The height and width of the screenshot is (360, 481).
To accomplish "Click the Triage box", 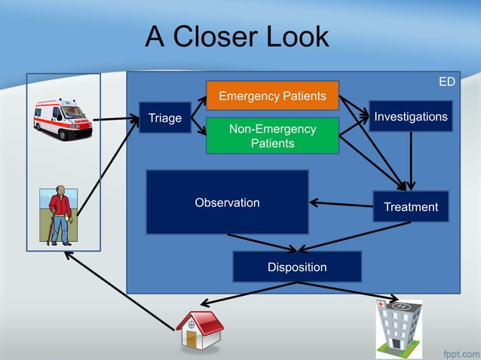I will pyautogui.click(x=164, y=118).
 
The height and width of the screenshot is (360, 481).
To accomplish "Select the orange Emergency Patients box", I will pyautogui.click(x=272, y=96).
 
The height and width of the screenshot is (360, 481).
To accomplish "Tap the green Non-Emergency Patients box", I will pyautogui.click(x=272, y=136).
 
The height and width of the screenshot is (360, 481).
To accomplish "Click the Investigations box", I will pyautogui.click(x=411, y=116).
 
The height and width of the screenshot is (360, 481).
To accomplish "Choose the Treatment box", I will pyautogui.click(x=411, y=206).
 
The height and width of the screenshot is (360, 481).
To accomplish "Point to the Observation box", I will pyautogui.click(x=227, y=203).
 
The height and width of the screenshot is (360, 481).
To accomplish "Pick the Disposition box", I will pyautogui.click(x=297, y=267).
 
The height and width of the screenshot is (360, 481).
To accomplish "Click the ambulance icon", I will pyautogui.click(x=63, y=118).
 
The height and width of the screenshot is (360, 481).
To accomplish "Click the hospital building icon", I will pyautogui.click(x=398, y=328).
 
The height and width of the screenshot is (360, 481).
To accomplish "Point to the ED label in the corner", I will pyautogui.click(x=447, y=81).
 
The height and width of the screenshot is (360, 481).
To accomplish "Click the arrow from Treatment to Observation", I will pyautogui.click(x=341, y=203).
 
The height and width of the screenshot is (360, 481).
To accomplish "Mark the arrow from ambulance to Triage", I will pyautogui.click(x=115, y=118).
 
